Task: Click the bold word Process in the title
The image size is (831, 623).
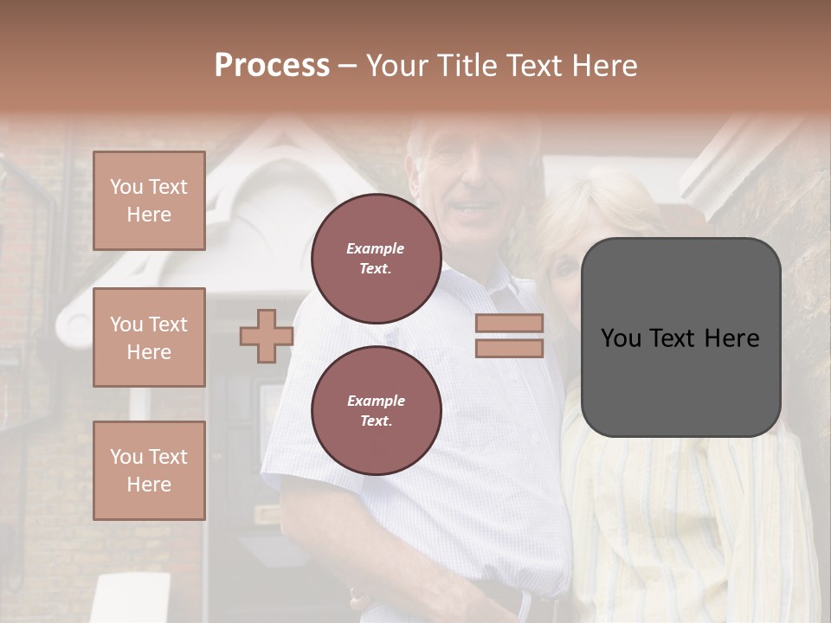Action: [x=272, y=66]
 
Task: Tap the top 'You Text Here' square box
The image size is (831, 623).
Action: [x=149, y=201]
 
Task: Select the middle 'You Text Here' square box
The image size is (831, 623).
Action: [x=149, y=337]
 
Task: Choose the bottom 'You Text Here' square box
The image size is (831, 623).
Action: [x=149, y=471]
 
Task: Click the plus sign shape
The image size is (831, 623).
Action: [x=266, y=336]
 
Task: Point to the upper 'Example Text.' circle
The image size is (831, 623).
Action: [x=376, y=259]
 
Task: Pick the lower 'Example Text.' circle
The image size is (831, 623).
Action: [x=376, y=411]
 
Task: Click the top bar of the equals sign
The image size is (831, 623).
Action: [x=509, y=323]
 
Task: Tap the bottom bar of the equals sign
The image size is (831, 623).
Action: [x=509, y=349]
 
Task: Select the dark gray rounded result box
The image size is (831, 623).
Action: [x=680, y=337]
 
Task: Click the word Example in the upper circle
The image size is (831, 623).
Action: [x=376, y=248]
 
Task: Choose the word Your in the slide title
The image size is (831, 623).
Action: [x=400, y=66]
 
